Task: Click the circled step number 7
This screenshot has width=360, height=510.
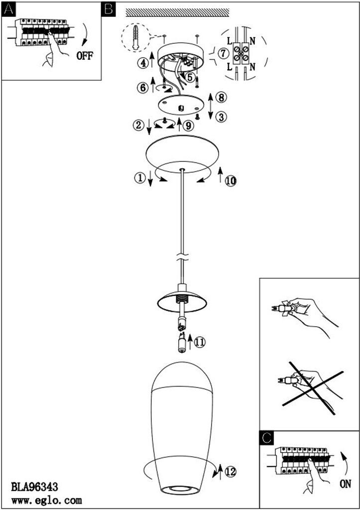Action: pyautogui.click(x=223, y=53)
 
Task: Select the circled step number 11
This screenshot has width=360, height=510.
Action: pyautogui.click(x=200, y=342)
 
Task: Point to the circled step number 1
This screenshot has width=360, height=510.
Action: pyautogui.click(x=140, y=178)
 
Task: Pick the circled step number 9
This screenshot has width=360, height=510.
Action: pyautogui.click(x=189, y=125)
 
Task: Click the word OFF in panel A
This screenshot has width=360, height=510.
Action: pyautogui.click(x=85, y=55)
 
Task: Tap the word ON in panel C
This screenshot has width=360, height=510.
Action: pyautogui.click(x=346, y=484)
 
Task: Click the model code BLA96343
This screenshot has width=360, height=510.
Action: pyautogui.click(x=34, y=487)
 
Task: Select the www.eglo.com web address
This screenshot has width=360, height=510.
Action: pyautogui.click(x=46, y=500)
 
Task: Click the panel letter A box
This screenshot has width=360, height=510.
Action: pyautogui.click(x=8, y=9)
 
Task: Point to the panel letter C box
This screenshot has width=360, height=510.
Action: pyautogui.click(x=267, y=438)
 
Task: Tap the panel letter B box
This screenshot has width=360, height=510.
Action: pyautogui.click(x=109, y=9)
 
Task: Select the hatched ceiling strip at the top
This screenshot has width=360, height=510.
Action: pyautogui.click(x=178, y=12)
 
